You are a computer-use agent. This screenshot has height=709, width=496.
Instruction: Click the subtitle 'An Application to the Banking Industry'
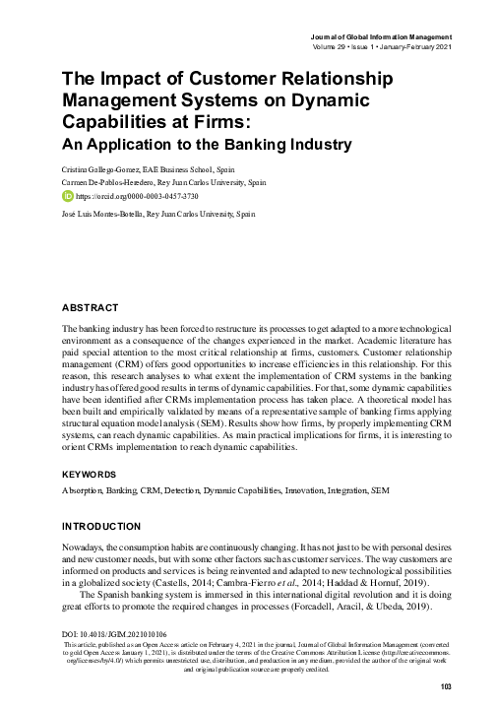click(207, 144)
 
